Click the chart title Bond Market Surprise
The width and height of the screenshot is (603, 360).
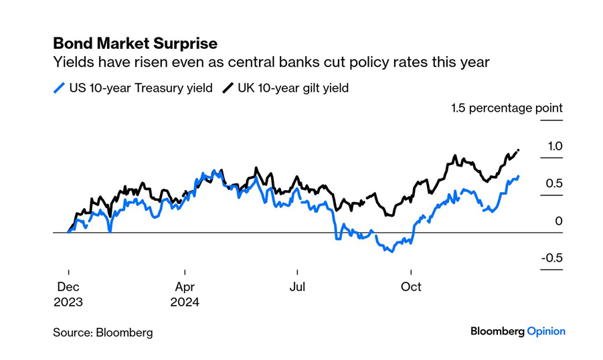[x=135, y=43]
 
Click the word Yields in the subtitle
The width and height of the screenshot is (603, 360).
[x=72, y=63]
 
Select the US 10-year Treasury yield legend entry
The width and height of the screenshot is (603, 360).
[x=141, y=88]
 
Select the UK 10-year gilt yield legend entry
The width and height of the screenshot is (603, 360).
[x=293, y=88]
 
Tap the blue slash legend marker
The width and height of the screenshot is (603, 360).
[x=60, y=88]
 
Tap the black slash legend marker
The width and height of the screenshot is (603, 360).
[x=228, y=88]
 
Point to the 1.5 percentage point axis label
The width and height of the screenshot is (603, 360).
[x=507, y=108]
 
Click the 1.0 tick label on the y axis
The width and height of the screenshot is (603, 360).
[x=555, y=146]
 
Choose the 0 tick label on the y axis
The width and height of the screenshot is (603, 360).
[x=559, y=221]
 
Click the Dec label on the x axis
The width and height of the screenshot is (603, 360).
[x=68, y=287]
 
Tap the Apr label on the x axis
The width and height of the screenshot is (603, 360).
[x=184, y=287]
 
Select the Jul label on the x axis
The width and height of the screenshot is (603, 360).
[x=297, y=287]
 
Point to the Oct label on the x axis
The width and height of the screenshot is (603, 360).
[x=411, y=287]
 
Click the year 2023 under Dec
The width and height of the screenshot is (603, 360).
[x=68, y=302]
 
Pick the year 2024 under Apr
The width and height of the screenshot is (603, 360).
[x=185, y=302]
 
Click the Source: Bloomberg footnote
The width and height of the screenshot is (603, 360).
[x=103, y=332]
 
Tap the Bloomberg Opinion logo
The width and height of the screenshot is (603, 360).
[x=517, y=331]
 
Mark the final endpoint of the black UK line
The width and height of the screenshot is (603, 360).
[x=519, y=151]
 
